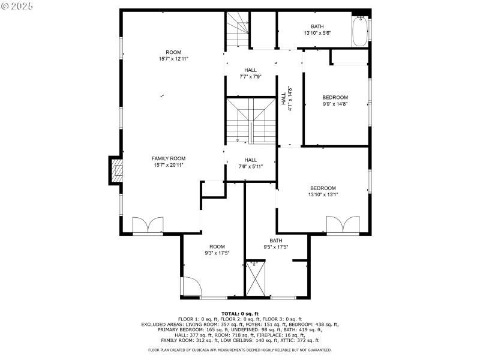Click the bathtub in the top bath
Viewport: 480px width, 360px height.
pyautogui.click(x=360, y=32)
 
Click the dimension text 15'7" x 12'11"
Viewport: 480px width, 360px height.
pyautogui.click(x=173, y=59)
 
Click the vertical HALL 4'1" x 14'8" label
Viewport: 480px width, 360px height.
pyautogui.click(x=287, y=99)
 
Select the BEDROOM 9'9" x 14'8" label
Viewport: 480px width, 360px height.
pyautogui.click(x=335, y=100)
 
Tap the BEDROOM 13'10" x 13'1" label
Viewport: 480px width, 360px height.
pyautogui.click(x=323, y=191)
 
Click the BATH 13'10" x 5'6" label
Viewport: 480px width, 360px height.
pyautogui.click(x=317, y=29)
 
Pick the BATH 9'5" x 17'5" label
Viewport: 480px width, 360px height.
pyautogui.click(x=275, y=244)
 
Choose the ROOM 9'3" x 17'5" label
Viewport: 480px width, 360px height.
pyautogui.click(x=217, y=250)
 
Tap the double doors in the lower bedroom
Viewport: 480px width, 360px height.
pyautogui.click(x=342, y=226)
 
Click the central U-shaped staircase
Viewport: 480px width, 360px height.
pyautogui.click(x=250, y=121)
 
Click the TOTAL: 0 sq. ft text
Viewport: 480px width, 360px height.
pyautogui.click(x=240, y=314)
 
